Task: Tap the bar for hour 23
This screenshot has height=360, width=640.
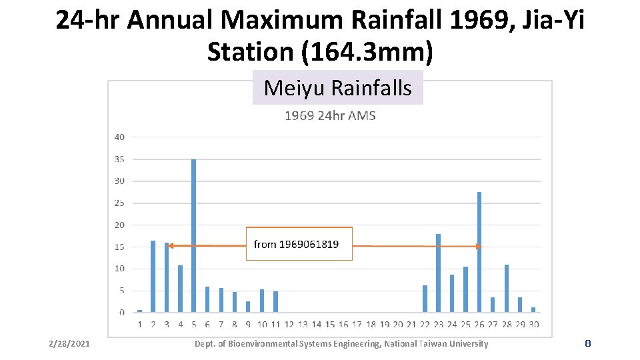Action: click(x=438, y=273)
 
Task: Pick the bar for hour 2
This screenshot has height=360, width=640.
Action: click(x=153, y=276)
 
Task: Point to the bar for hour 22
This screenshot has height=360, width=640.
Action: click(x=425, y=299)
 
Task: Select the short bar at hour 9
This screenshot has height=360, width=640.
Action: click(x=248, y=307)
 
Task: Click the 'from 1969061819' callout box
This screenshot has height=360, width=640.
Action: click(x=299, y=244)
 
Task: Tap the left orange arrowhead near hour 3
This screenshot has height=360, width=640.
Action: click(x=171, y=246)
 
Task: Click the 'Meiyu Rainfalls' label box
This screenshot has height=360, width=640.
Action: click(x=337, y=88)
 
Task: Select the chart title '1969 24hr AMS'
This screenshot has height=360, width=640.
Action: click(x=330, y=116)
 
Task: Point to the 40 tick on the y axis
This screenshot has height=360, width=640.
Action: click(x=119, y=137)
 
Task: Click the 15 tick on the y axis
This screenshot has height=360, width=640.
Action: click(x=119, y=247)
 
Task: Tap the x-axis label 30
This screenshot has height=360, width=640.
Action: click(x=533, y=325)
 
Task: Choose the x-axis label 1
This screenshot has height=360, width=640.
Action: click(x=139, y=325)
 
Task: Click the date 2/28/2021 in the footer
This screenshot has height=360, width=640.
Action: click(x=69, y=344)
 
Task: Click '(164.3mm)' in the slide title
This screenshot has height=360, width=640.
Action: click(x=367, y=52)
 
